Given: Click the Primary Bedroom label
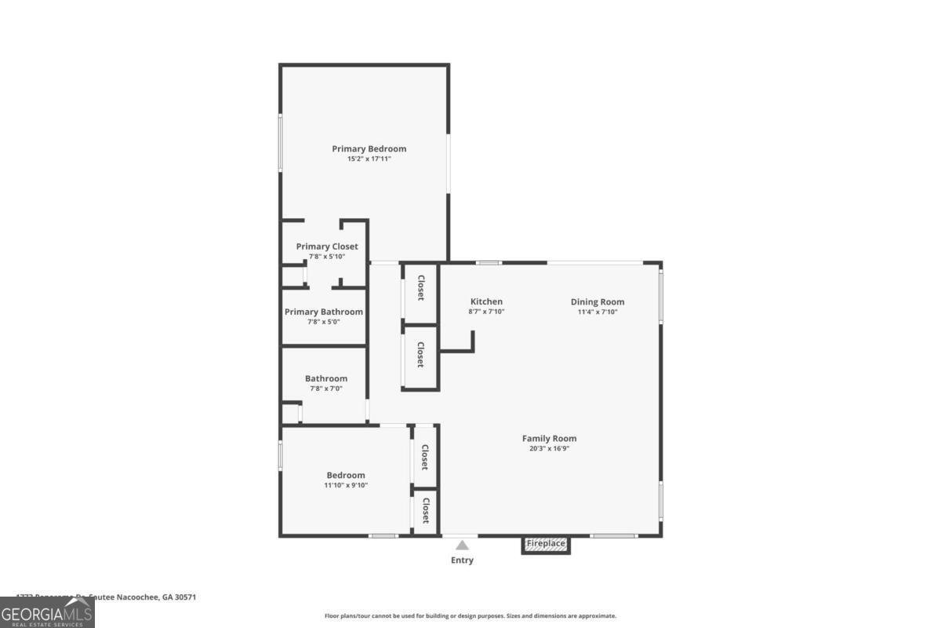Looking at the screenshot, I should point(369,148).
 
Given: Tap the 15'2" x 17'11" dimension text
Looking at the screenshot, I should point(369,159).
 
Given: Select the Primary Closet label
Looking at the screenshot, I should point(327,246).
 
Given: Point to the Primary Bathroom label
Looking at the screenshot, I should point(324,312).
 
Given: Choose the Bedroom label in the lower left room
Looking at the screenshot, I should point(346,475).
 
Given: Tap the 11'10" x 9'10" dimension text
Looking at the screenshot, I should point(346,485).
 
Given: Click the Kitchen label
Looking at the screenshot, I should point(486,301).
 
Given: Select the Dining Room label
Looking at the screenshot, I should point(598,301).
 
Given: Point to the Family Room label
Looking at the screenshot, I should point(549,439).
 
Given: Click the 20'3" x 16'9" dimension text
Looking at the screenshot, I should point(549,449).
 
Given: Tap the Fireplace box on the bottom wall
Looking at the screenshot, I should point(546,544).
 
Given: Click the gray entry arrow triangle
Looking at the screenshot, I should point(463,545).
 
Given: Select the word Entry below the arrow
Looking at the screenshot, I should point(462,560).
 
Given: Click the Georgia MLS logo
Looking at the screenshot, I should point(47,612).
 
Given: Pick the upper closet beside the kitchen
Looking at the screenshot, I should point(420,288).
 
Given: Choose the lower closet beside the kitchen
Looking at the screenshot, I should point(420,355).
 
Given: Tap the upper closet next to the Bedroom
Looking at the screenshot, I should point(424,457).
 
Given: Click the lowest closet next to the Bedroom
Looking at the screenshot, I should point(425,511).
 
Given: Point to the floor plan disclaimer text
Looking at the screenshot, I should point(470,616).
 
